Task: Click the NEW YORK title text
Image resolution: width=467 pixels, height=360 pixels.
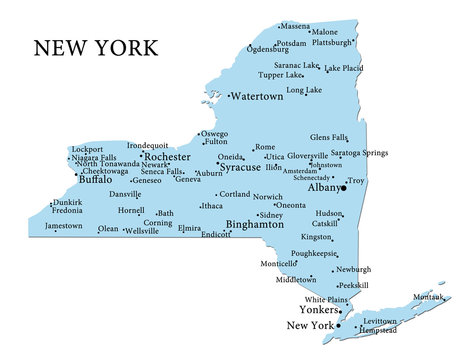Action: pos(95,47)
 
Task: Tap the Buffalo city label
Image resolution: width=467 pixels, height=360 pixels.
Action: pos(95,180)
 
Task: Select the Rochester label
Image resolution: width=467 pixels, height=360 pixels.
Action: pos(168,157)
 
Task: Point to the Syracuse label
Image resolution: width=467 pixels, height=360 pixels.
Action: pos(240,167)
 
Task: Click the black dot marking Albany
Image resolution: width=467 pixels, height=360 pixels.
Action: pos(343,187)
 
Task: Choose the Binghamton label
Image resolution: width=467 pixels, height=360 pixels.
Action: pos(255,225)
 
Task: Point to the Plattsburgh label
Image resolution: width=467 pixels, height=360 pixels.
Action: pos(332,43)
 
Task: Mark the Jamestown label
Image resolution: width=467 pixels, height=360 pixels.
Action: pos(64,226)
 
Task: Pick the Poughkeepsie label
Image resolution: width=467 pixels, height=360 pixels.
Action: pos(314,254)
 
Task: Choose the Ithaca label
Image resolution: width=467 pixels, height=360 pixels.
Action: pos(212,206)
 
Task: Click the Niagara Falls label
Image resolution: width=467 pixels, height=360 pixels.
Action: pos(96,156)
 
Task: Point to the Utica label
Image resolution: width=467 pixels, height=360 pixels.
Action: pos(274,157)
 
